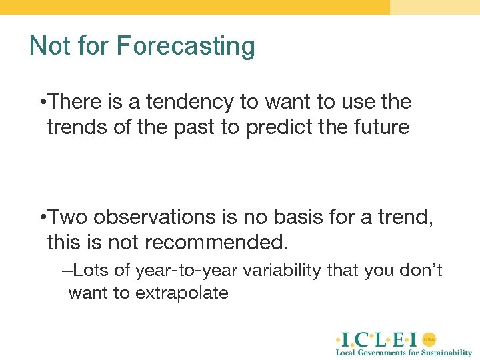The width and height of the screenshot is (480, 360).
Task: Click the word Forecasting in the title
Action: (185, 46)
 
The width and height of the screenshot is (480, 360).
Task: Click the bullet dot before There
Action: (42, 103)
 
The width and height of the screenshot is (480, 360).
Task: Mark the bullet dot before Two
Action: (42, 218)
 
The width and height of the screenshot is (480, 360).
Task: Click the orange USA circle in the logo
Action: (429, 339)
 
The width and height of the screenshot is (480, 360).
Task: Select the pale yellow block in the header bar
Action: (435, 7)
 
